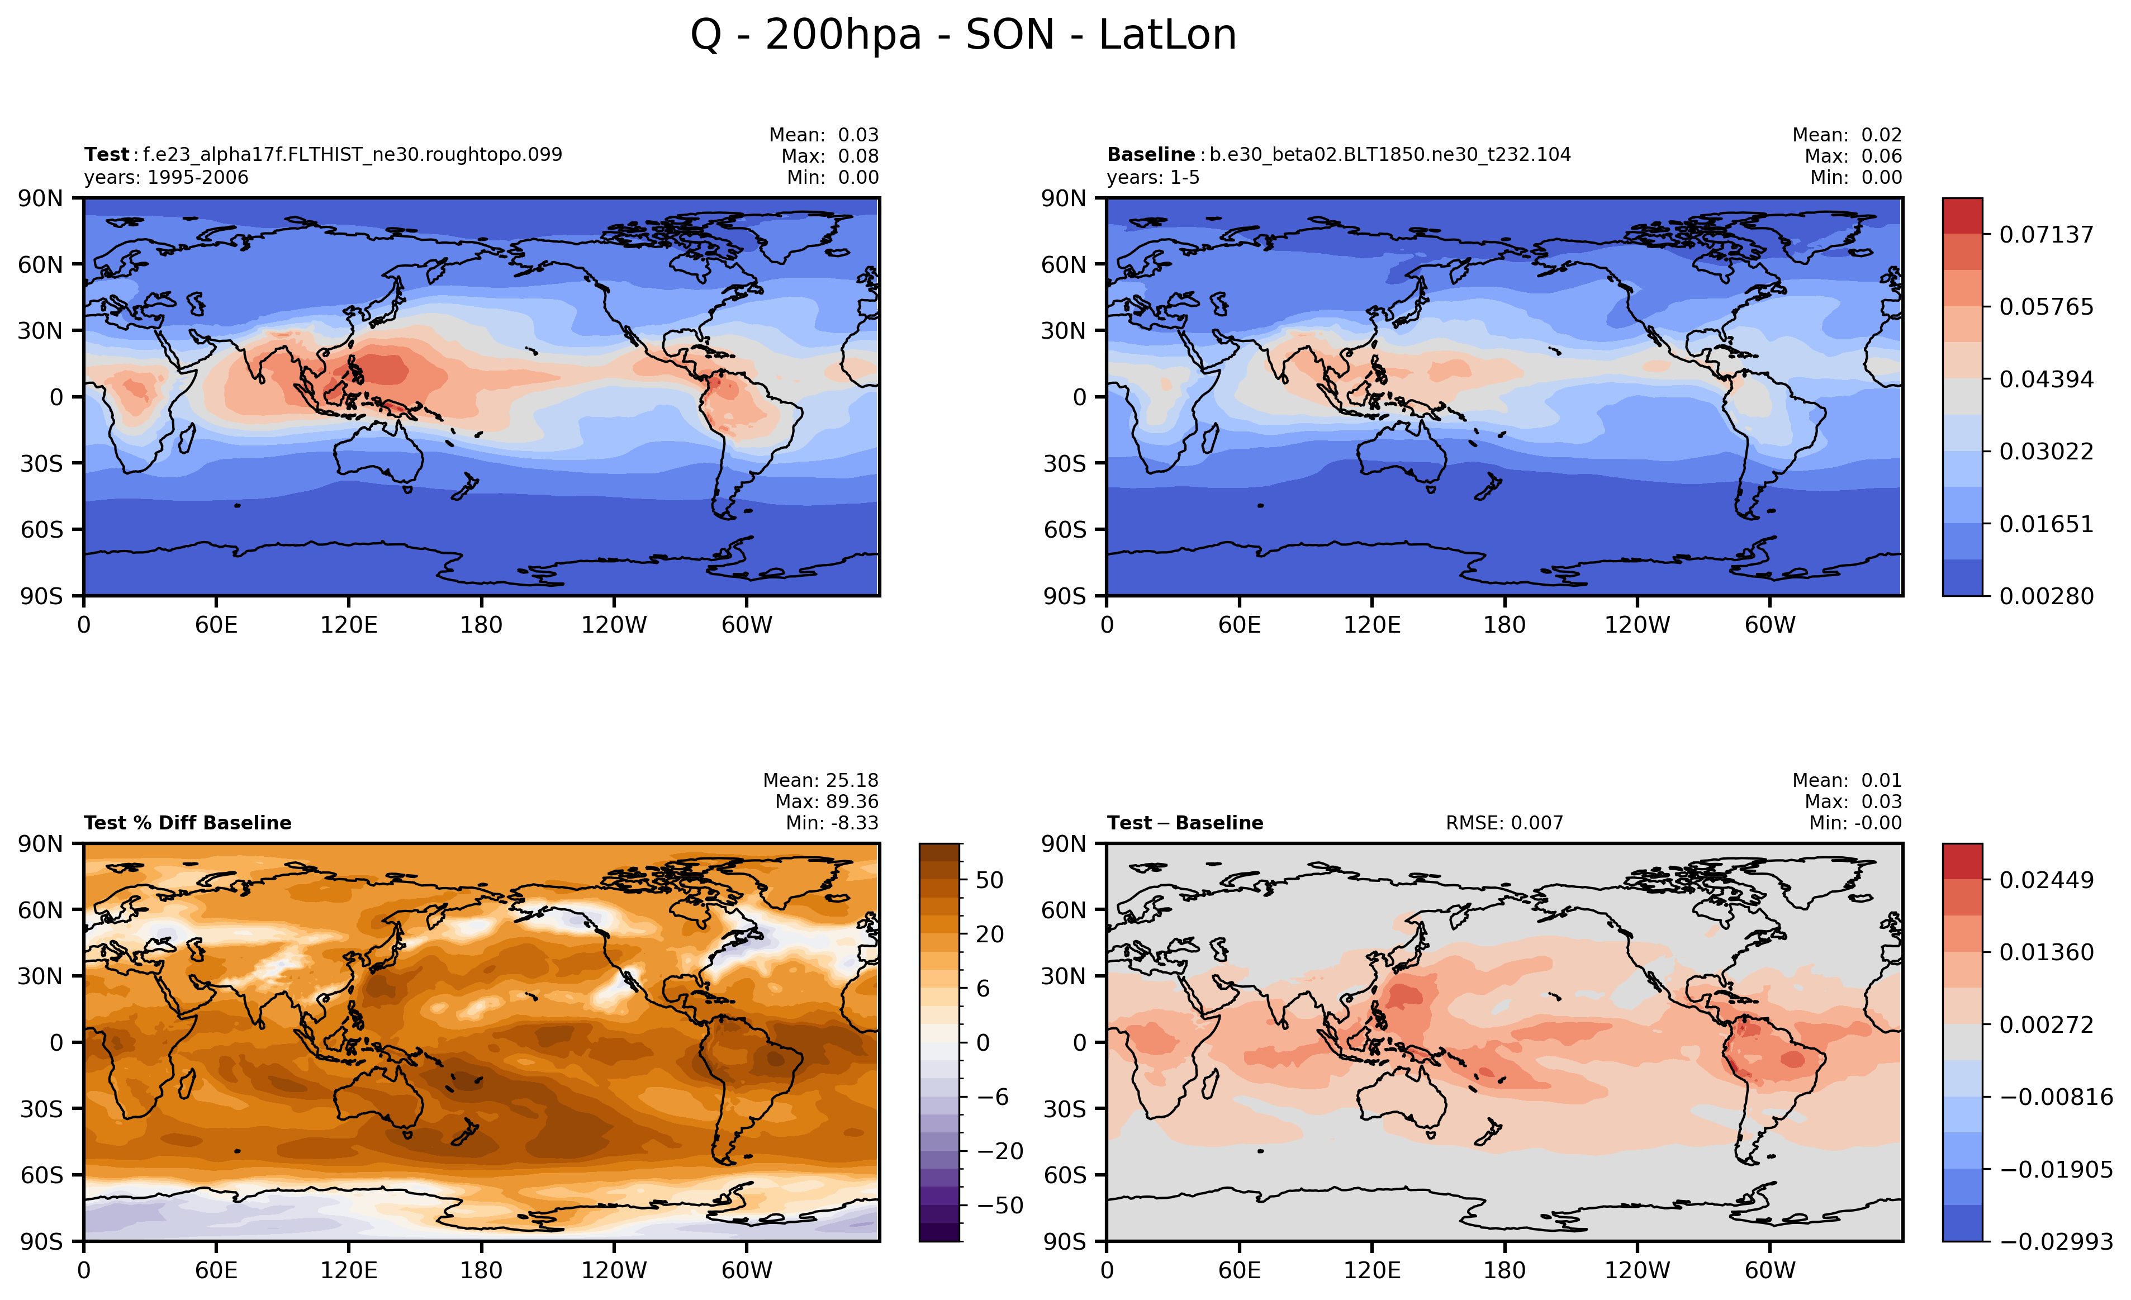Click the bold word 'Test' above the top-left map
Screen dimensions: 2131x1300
106,155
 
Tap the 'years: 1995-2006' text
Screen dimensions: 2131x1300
166,177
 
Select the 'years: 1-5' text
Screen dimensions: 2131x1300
1153,177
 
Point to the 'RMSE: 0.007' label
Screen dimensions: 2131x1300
1504,823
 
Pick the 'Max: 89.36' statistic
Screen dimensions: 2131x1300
827,802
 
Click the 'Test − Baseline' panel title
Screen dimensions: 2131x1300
1185,823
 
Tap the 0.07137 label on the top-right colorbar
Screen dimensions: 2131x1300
2046,234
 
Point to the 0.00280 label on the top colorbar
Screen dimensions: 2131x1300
2046,596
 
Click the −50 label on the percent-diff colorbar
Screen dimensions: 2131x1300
1000,1205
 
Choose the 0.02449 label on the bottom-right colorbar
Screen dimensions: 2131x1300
2046,880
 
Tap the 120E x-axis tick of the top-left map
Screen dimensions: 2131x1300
349,624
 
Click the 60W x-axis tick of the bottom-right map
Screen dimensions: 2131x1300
1771,1270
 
